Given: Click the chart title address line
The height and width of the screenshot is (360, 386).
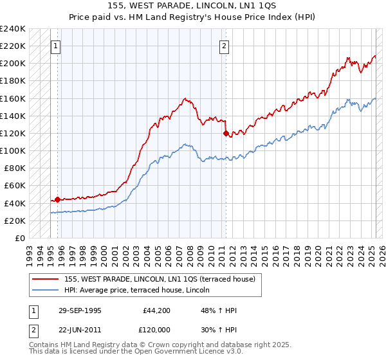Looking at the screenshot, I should [x=192, y=6].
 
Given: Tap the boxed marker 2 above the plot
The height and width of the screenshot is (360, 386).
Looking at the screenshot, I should [x=224, y=46].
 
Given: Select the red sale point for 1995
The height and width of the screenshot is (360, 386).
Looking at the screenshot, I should [x=57, y=199].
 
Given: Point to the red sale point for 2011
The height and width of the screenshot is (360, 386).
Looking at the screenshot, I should [x=226, y=133].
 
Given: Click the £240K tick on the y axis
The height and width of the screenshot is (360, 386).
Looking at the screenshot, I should [x=13, y=29].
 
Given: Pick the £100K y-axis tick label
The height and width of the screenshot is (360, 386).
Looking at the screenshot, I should [x=13, y=150].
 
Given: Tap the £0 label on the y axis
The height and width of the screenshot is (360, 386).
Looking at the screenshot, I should [x=20, y=238].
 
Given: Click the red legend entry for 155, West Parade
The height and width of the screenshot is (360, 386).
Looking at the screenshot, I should [x=161, y=279].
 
